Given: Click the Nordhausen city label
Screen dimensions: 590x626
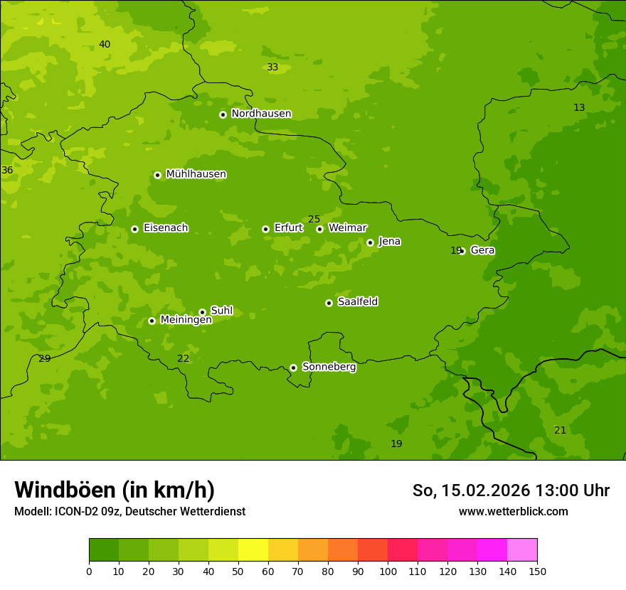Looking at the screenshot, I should pyautogui.click(x=261, y=114).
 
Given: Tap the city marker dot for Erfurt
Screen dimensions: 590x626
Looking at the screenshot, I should pyautogui.click(x=265, y=229).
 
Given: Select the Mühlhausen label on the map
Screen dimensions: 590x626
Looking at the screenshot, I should pyautogui.click(x=196, y=174).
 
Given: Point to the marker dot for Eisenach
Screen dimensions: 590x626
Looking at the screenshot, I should pyautogui.click(x=134, y=229).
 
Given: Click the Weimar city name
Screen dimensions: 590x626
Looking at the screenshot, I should pyautogui.click(x=347, y=228).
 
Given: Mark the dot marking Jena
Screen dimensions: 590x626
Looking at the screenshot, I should pyautogui.click(x=370, y=242).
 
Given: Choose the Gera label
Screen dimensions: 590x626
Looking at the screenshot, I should pyautogui.click(x=482, y=250).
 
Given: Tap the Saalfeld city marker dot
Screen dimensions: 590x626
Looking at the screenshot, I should pyautogui.click(x=329, y=303).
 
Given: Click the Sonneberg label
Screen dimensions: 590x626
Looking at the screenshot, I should pyautogui.click(x=329, y=367).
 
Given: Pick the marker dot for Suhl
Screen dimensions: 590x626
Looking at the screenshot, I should pyautogui.click(x=202, y=312).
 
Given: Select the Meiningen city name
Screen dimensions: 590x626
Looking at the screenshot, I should pyautogui.click(x=186, y=320).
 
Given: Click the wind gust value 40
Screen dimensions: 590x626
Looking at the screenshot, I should pyautogui.click(x=105, y=45).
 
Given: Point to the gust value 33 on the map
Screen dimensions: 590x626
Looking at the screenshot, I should pyautogui.click(x=272, y=68).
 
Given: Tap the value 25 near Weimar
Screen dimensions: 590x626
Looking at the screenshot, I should pyautogui.click(x=314, y=219).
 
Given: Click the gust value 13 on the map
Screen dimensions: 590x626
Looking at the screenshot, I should pyautogui.click(x=579, y=107).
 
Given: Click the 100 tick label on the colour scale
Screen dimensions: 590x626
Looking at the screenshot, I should pyautogui.click(x=388, y=571).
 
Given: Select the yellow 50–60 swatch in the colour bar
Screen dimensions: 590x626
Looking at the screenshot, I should pyautogui.click(x=253, y=549).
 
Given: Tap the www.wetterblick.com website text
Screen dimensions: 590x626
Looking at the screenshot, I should pyautogui.click(x=513, y=511).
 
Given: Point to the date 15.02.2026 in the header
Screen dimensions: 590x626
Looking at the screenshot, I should pyautogui.click(x=486, y=490).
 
